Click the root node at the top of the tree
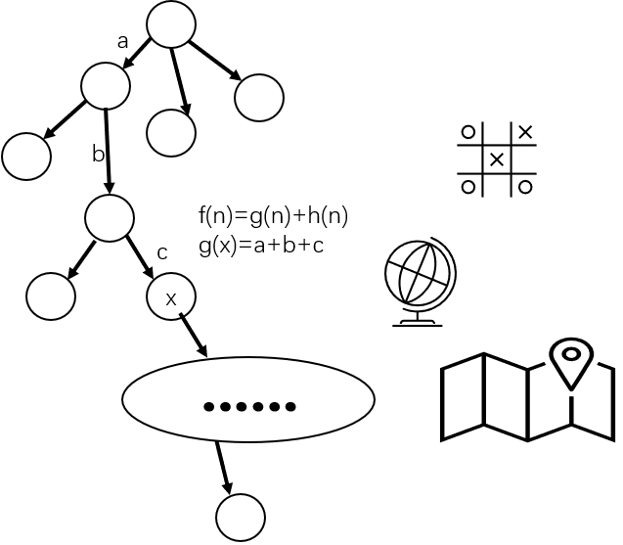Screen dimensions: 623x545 171,24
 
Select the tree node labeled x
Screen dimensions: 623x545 171,296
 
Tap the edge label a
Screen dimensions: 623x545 123,42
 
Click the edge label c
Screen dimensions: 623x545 162,253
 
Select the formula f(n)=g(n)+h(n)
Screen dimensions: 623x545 274,216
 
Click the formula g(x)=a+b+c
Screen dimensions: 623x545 261,246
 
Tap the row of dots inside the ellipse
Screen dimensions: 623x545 249,407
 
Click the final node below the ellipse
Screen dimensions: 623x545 241,518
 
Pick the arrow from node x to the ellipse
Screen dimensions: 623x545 194,335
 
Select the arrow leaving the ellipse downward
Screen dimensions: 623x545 224,468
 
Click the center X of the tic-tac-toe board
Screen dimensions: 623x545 497,159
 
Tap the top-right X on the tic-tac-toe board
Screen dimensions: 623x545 525,132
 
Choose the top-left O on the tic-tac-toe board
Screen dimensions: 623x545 468,132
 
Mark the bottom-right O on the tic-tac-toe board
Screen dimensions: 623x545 525,187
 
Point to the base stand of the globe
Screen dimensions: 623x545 418,322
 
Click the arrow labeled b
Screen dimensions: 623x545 108,151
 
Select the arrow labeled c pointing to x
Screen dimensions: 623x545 140,257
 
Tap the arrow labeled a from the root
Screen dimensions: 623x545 137,54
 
